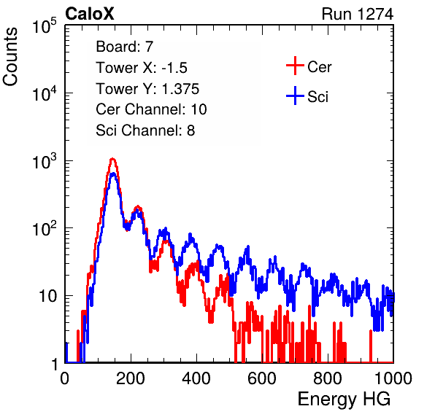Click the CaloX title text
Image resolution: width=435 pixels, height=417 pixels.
[89, 14]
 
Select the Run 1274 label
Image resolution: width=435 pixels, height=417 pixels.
[358, 14]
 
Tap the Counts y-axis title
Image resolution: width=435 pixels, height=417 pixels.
[10, 57]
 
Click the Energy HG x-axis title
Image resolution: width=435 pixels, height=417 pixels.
[344, 399]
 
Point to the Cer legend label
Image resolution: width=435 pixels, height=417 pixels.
[319, 67]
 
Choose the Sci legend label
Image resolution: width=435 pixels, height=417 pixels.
[317, 97]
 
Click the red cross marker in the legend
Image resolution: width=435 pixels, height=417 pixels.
[295, 66]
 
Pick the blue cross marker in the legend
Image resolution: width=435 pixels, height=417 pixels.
[295, 96]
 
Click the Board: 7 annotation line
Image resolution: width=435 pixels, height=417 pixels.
[124, 46]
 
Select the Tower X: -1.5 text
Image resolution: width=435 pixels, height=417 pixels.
[142, 67]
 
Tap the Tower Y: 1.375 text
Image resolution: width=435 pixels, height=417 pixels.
[147, 89]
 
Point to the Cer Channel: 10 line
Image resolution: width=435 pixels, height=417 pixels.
[151, 109]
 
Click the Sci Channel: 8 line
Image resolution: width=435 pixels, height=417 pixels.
[145, 130]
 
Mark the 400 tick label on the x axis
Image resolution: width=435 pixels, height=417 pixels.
[196, 378]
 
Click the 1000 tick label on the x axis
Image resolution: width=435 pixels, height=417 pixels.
[393, 378]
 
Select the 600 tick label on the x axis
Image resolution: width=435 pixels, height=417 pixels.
[262, 378]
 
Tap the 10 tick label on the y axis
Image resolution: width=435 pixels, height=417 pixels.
[48, 296]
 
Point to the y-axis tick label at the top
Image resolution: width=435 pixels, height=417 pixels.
[45, 26]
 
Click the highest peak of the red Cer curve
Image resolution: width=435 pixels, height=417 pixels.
[112, 159]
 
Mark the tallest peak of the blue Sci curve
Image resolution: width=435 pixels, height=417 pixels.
[113, 174]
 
